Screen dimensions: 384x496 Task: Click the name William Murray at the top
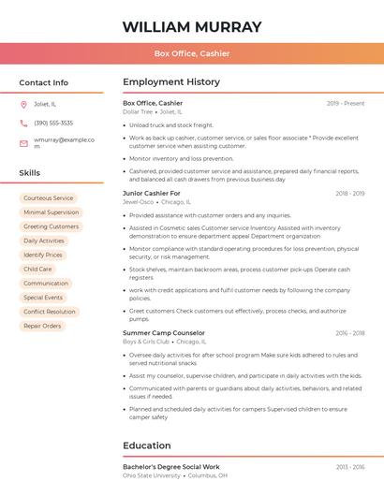(x=192, y=26)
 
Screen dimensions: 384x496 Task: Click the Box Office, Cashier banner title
(x=192, y=53)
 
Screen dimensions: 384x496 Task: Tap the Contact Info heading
(x=43, y=82)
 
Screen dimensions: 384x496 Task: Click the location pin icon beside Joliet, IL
(x=23, y=104)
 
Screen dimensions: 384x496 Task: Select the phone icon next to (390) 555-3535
(x=23, y=123)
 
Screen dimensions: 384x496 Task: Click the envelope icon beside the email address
(x=23, y=143)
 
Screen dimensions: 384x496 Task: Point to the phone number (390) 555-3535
(x=53, y=123)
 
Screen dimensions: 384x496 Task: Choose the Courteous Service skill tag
(x=48, y=198)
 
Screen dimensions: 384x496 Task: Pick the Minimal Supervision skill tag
(x=51, y=212)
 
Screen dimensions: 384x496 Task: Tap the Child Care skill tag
(x=37, y=269)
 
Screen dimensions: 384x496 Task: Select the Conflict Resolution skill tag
(x=49, y=312)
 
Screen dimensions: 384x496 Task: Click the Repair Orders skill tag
(x=42, y=326)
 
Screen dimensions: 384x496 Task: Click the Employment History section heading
(x=171, y=82)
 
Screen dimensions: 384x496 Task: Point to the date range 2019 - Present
(x=346, y=103)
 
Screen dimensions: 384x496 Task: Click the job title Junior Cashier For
(x=151, y=193)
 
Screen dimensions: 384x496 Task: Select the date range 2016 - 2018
(x=349, y=332)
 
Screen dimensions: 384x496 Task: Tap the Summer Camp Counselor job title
(x=163, y=332)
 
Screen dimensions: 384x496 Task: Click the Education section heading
(x=148, y=445)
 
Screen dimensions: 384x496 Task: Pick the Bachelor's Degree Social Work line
(x=171, y=466)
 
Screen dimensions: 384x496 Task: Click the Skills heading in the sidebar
(x=29, y=173)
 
